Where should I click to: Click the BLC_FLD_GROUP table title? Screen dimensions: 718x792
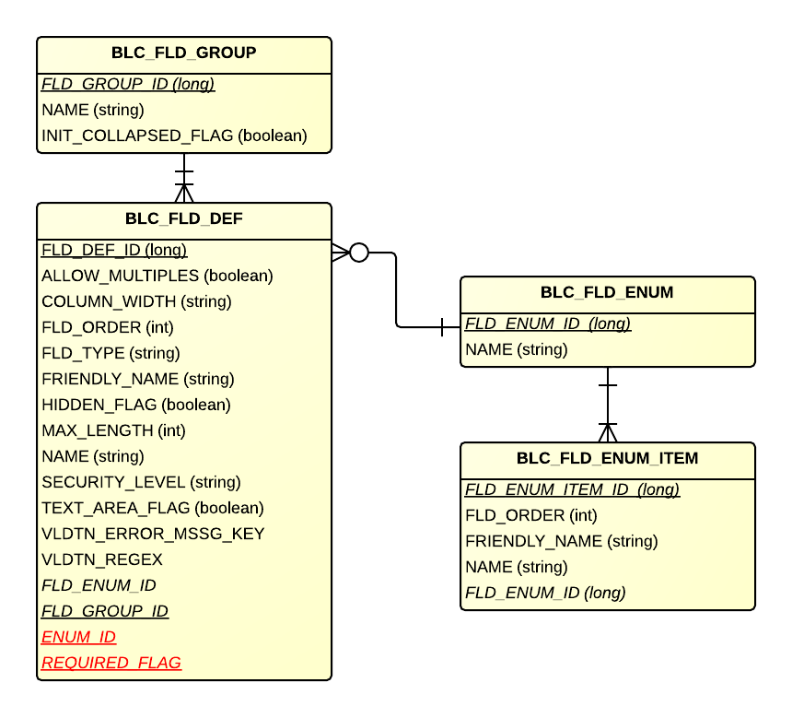183,53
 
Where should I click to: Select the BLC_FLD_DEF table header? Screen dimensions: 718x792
183,219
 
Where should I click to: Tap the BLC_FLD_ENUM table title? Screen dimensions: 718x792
607,293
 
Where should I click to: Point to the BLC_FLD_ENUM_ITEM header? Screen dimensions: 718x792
607,458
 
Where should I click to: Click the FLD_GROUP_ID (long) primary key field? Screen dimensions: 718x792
128,84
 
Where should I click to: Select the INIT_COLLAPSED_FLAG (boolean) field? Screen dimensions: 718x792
174,135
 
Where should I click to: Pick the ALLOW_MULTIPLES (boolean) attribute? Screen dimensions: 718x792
157,276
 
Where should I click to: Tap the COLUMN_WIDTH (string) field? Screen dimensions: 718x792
136,301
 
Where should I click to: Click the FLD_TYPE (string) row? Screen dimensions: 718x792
111,353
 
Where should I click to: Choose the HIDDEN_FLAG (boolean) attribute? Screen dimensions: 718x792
136,405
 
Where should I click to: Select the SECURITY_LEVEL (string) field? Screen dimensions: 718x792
141,482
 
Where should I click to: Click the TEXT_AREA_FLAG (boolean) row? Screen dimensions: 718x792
153,508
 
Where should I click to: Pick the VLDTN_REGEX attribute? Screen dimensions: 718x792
102,559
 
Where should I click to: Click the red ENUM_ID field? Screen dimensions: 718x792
79,637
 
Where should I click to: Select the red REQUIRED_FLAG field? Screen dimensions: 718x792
111,663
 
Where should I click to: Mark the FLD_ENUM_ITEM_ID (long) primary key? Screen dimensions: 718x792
572,489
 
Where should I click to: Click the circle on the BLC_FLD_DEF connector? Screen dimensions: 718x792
359,252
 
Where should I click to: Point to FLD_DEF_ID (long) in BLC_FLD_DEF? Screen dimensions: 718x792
114,250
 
